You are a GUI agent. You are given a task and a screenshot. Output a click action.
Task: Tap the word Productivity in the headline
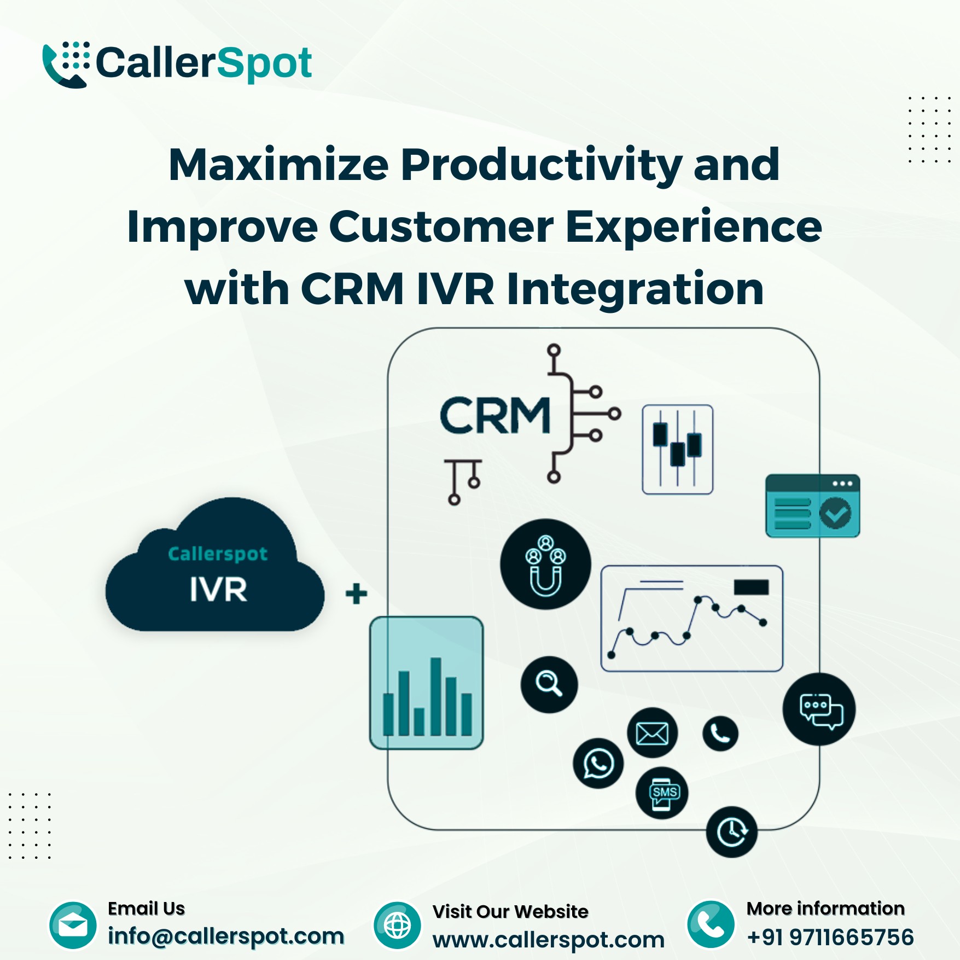[x=542, y=166]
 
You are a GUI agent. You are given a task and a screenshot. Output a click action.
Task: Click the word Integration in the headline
[x=635, y=289]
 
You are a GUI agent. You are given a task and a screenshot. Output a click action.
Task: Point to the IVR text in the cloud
[x=218, y=589]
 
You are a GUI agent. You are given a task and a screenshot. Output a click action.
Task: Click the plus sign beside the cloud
[x=357, y=594]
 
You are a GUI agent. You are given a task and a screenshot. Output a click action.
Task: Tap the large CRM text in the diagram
[x=494, y=415]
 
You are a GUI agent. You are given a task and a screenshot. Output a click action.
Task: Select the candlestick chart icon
[x=677, y=450]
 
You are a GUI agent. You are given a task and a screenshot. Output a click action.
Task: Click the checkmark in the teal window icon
[x=835, y=513]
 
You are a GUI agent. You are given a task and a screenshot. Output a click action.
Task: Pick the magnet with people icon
[x=545, y=564]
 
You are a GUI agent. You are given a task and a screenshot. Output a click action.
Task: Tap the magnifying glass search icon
[x=549, y=684]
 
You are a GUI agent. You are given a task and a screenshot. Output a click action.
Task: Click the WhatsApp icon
[x=598, y=763]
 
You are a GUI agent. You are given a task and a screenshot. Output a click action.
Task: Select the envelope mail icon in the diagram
[x=652, y=733]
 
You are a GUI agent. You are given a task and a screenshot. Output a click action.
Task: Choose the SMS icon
[x=662, y=793]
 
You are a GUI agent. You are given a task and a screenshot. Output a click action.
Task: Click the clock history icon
[x=732, y=832]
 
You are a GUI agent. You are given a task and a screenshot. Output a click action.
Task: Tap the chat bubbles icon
[x=819, y=709]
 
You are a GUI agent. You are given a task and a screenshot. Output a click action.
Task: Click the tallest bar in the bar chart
[x=436, y=696]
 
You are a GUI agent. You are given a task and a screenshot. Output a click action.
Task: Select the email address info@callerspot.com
[x=226, y=936]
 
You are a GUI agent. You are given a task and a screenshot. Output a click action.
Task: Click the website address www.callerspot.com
[x=549, y=940]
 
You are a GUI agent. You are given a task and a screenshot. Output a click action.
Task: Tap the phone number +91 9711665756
[x=830, y=937]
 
